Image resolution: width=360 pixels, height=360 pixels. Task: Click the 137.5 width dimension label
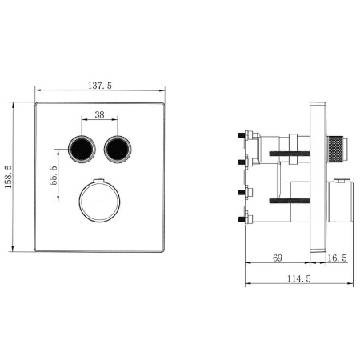coord(100,86)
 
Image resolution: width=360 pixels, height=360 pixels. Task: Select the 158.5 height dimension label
coord(9,177)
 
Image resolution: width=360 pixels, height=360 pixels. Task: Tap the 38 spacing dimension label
coord(99,114)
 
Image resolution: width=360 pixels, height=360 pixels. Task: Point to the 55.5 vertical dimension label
coord(54,175)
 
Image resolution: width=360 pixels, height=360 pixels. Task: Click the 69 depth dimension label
coord(278,258)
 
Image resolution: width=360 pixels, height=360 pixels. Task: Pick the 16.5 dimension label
coord(337,258)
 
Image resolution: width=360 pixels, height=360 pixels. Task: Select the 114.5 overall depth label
coord(299,278)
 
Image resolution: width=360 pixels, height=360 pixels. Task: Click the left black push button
coord(82,149)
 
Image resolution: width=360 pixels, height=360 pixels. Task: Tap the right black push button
coord(118,149)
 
